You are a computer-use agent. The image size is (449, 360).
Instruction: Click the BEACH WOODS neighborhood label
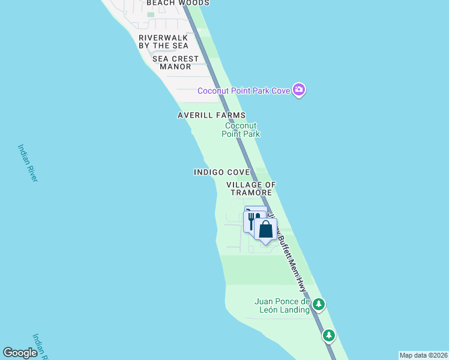[x=178, y=3]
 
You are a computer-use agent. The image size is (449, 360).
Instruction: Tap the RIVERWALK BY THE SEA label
[x=163, y=41]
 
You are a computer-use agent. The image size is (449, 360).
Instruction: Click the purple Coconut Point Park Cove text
[x=244, y=91]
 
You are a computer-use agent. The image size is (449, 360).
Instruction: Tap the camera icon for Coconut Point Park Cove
[x=299, y=90]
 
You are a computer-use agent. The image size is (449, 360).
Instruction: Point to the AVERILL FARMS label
[x=211, y=115]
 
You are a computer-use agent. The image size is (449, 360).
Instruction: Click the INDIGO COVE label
[x=221, y=172]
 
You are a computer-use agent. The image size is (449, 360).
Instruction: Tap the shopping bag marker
[x=265, y=229]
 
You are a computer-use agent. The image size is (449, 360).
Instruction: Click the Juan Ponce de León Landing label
[x=282, y=306]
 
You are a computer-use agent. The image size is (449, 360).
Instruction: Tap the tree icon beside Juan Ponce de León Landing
[x=319, y=305]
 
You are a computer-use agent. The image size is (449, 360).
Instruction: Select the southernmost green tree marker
[x=328, y=335]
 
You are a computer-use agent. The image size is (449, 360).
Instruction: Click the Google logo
[x=20, y=353]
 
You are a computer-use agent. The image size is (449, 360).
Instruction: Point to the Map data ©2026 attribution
[x=423, y=355]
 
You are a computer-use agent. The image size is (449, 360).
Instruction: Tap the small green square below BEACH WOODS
[x=150, y=14]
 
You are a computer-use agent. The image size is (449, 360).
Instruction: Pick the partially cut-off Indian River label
[x=40, y=347]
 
